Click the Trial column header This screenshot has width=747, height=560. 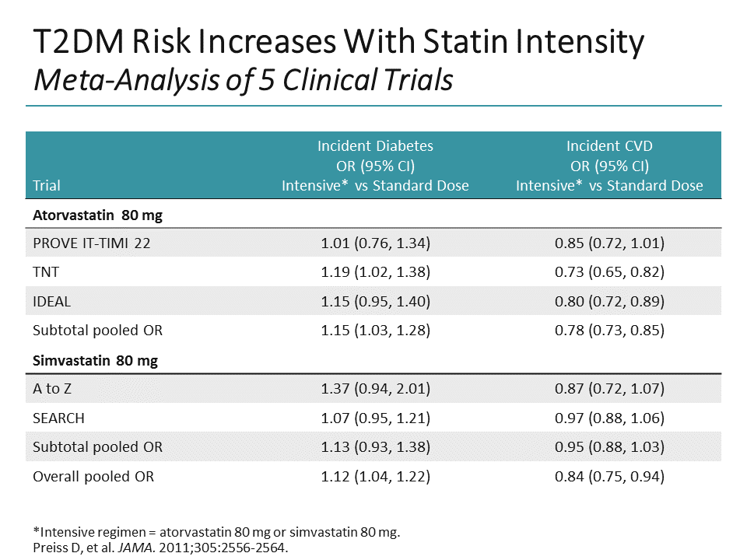(47, 185)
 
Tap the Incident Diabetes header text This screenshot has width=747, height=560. (375, 145)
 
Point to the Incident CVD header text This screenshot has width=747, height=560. (608, 145)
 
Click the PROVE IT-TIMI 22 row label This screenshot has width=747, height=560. (92, 243)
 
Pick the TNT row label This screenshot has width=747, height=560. (46, 272)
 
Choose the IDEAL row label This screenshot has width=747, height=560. (51, 301)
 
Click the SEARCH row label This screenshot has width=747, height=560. (58, 418)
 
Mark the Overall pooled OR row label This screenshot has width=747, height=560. (93, 476)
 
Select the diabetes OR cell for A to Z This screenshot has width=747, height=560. (375, 389)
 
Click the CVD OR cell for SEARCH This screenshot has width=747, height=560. (608, 418)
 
